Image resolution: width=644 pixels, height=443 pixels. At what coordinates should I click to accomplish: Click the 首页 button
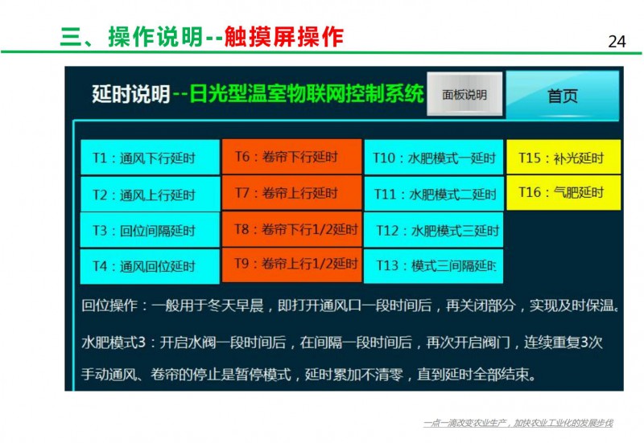point(562,96)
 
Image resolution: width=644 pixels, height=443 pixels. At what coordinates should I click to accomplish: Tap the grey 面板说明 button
point(464,94)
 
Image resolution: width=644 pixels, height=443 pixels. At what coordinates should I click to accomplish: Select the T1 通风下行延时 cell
point(150,158)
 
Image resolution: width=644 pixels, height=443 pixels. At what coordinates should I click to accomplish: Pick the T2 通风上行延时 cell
point(150,194)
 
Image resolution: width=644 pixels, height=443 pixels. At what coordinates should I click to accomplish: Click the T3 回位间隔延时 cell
point(150,230)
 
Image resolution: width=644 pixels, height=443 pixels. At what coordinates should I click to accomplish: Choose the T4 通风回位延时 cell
point(150,266)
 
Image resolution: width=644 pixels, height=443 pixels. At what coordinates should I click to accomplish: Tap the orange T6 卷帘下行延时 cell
point(292,156)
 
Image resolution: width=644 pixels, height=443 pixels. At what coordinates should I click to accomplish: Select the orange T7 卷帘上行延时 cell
point(292,193)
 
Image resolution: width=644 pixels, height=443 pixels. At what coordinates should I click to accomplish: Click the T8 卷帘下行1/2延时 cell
point(292,229)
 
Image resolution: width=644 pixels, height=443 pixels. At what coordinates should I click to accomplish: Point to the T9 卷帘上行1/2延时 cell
point(292,265)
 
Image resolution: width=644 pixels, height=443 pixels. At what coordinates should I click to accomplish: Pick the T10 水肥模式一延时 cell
point(434,157)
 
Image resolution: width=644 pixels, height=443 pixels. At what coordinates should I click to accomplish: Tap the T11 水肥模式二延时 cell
point(434,194)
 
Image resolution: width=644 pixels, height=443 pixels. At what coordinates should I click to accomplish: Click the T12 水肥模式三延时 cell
point(434,230)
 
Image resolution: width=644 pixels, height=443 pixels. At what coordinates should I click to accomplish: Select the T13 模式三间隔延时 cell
point(434,266)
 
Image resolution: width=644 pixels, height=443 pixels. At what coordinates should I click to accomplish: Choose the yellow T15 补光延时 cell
point(563,157)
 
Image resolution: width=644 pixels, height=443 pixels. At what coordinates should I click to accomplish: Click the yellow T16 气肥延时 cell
point(563,192)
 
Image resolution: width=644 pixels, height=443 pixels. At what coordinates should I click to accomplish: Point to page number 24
point(617,42)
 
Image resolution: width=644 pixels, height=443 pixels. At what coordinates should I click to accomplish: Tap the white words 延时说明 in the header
point(131,94)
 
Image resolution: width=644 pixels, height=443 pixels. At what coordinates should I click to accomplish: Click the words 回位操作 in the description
point(109,306)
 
